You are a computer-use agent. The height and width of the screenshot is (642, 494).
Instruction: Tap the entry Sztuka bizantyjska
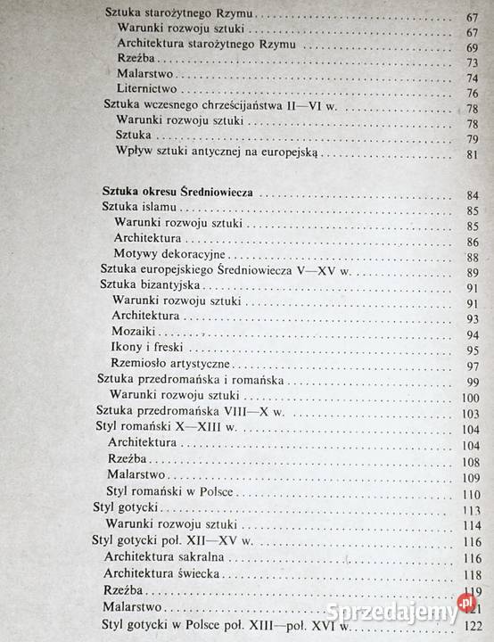[x=148, y=286]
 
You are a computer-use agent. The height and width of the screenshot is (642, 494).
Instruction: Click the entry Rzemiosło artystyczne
[x=171, y=365]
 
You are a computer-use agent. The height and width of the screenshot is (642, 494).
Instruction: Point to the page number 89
[x=472, y=272]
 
